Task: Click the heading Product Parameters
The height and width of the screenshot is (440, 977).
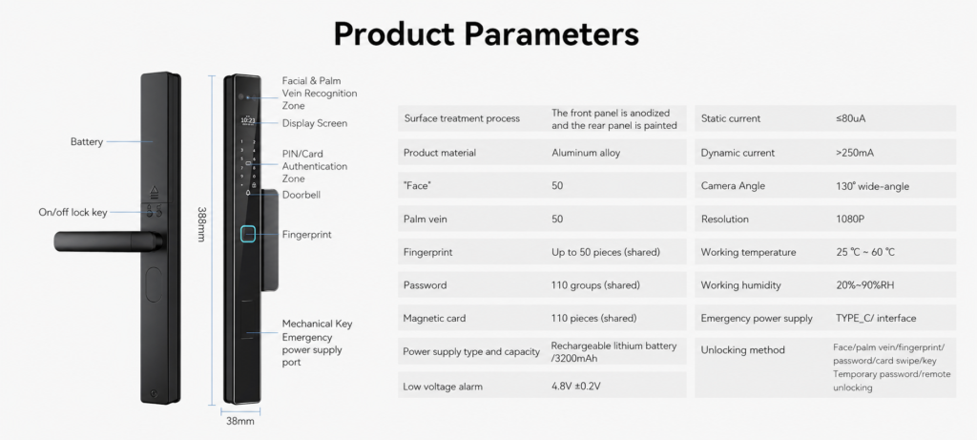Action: pyautogui.click(x=487, y=33)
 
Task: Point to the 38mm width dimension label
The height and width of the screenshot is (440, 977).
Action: pyautogui.click(x=239, y=421)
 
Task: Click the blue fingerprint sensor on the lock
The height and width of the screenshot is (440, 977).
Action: pyautogui.click(x=248, y=235)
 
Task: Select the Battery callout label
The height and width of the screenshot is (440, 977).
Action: pyautogui.click(x=87, y=141)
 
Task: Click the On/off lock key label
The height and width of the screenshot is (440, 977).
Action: pyautogui.click(x=73, y=213)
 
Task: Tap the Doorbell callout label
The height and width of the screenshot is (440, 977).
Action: pyautogui.click(x=301, y=195)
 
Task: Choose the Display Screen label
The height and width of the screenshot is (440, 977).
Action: pyautogui.click(x=315, y=123)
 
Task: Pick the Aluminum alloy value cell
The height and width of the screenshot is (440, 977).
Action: pyautogui.click(x=586, y=153)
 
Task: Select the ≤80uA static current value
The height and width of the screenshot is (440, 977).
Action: pyautogui.click(x=850, y=118)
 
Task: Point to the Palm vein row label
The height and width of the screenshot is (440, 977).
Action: pyautogui.click(x=426, y=220)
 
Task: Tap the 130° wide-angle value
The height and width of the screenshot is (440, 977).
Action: pyautogui.click(x=872, y=186)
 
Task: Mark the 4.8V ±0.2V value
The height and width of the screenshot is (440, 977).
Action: pyautogui.click(x=575, y=387)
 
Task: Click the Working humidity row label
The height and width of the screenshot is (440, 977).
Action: pyautogui.click(x=740, y=285)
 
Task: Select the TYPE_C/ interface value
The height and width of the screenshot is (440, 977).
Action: pyautogui.click(x=876, y=319)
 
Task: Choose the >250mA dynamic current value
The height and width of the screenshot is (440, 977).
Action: pyautogui.click(x=854, y=153)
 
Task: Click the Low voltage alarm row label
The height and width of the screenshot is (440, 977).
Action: pyautogui.click(x=443, y=387)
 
